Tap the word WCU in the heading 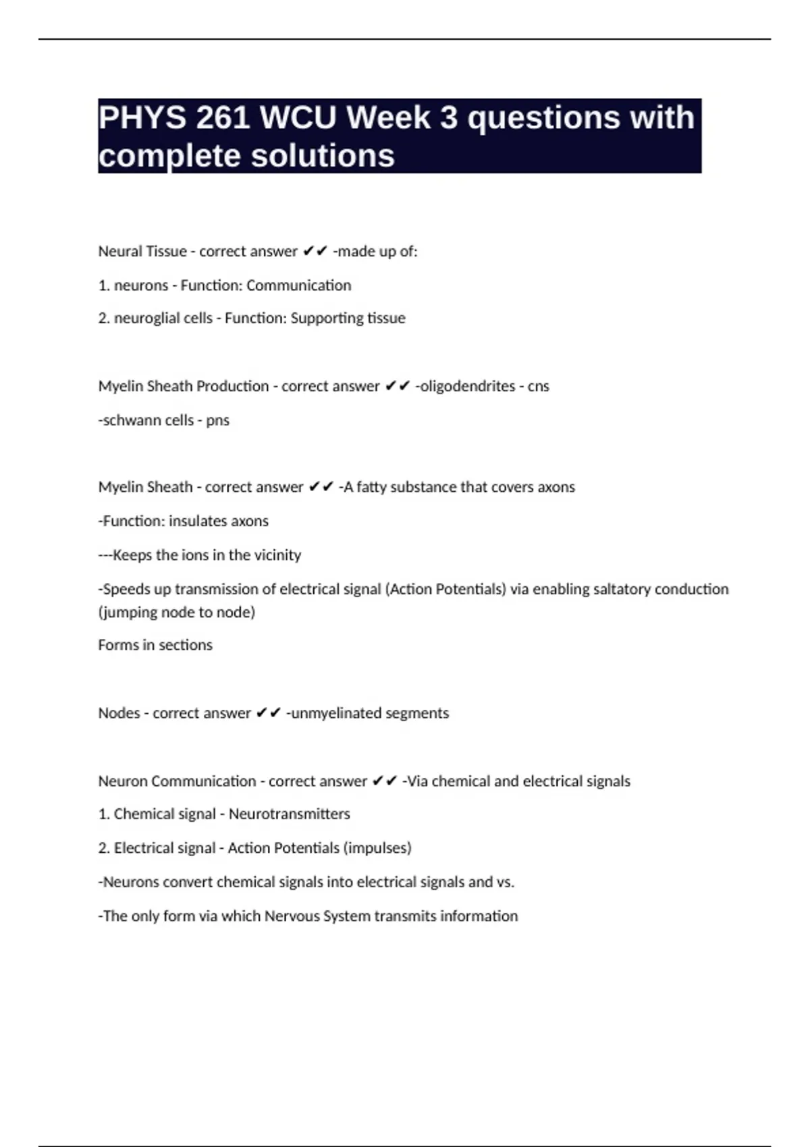pyautogui.click(x=298, y=119)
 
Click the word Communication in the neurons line pyautogui.click(x=298, y=285)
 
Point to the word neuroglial pyautogui.click(x=163, y=318)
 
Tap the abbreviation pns pyautogui.click(x=217, y=421)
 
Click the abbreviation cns pyautogui.click(x=538, y=387)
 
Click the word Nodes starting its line pyautogui.click(x=119, y=713)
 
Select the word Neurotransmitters pyautogui.click(x=289, y=814)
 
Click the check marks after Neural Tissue pyautogui.click(x=315, y=252)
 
